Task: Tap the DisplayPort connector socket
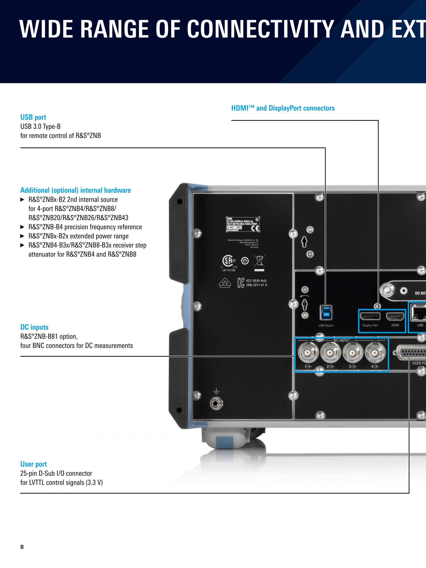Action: click(x=370, y=316)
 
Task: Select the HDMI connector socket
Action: click(x=395, y=317)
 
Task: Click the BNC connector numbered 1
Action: click(x=308, y=353)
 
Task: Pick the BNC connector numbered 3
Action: click(x=353, y=353)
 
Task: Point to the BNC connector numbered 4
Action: click(x=375, y=353)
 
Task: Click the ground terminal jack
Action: click(x=216, y=404)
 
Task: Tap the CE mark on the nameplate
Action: click(x=256, y=228)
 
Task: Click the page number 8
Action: click(x=22, y=547)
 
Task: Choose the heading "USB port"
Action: click(x=33, y=117)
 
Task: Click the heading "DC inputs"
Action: click(x=34, y=327)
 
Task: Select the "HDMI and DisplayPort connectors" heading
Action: click(x=283, y=108)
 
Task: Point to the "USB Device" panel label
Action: click(x=326, y=325)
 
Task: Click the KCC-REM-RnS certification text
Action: click(x=256, y=283)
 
